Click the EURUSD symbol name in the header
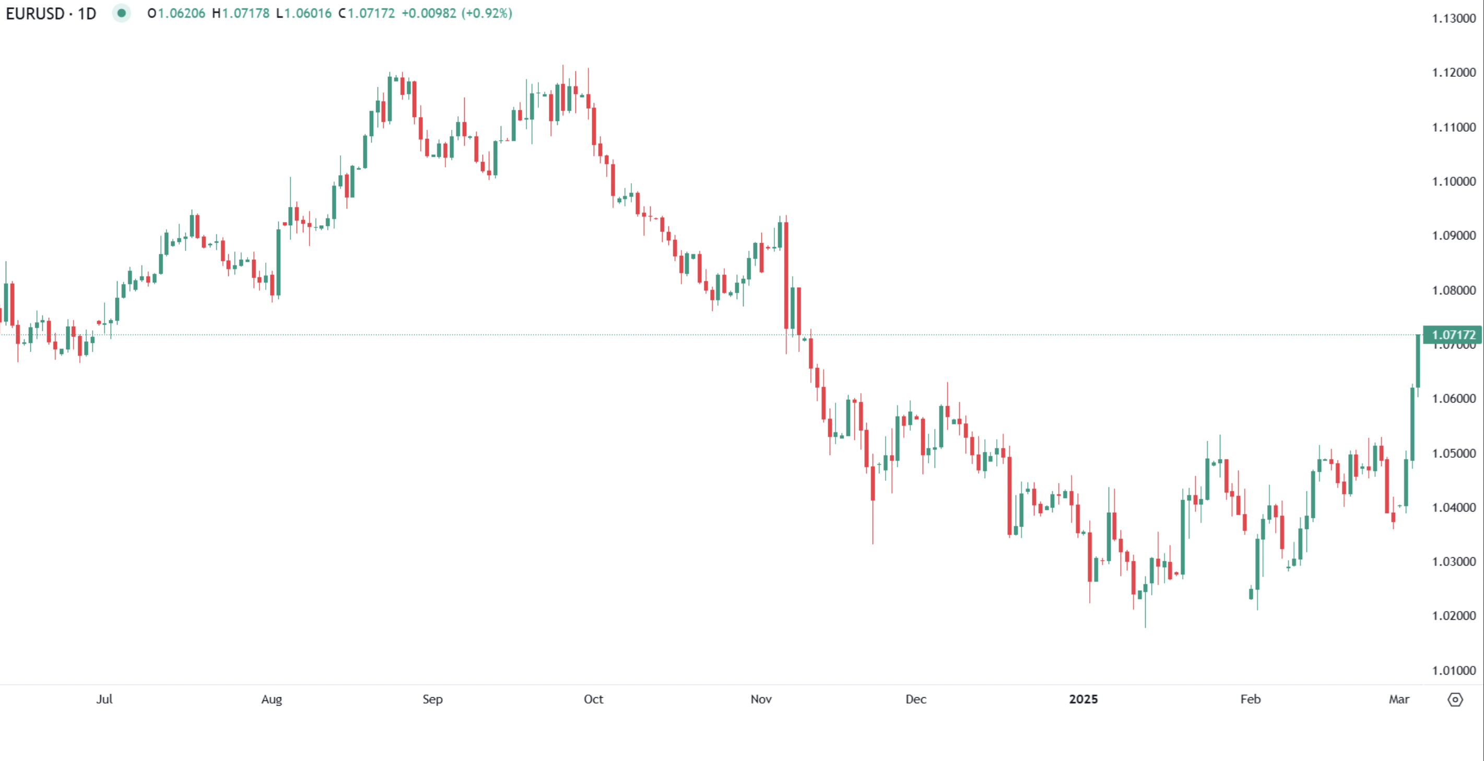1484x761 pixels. pos(34,13)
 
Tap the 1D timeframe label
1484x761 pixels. pos(87,13)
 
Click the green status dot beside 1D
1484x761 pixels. pos(122,13)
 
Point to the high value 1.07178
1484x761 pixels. pos(245,13)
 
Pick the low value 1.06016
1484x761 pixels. pos(308,13)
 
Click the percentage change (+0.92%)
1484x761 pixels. pos(487,13)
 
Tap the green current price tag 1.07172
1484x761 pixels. pos(1453,335)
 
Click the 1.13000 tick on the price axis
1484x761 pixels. pos(1454,18)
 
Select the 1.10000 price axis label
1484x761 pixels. pos(1454,181)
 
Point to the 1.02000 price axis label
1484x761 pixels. pos(1454,616)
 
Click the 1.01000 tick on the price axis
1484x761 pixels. pos(1454,671)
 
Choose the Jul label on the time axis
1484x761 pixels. pos(104,699)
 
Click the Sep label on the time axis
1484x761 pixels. pos(433,699)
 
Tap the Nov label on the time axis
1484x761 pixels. pos(761,699)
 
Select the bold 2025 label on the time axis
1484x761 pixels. pos(1083,699)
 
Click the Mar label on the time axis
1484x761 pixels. pos(1399,699)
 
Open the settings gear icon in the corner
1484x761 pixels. pos(1455,700)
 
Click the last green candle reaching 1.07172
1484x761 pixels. pos(1418,361)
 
